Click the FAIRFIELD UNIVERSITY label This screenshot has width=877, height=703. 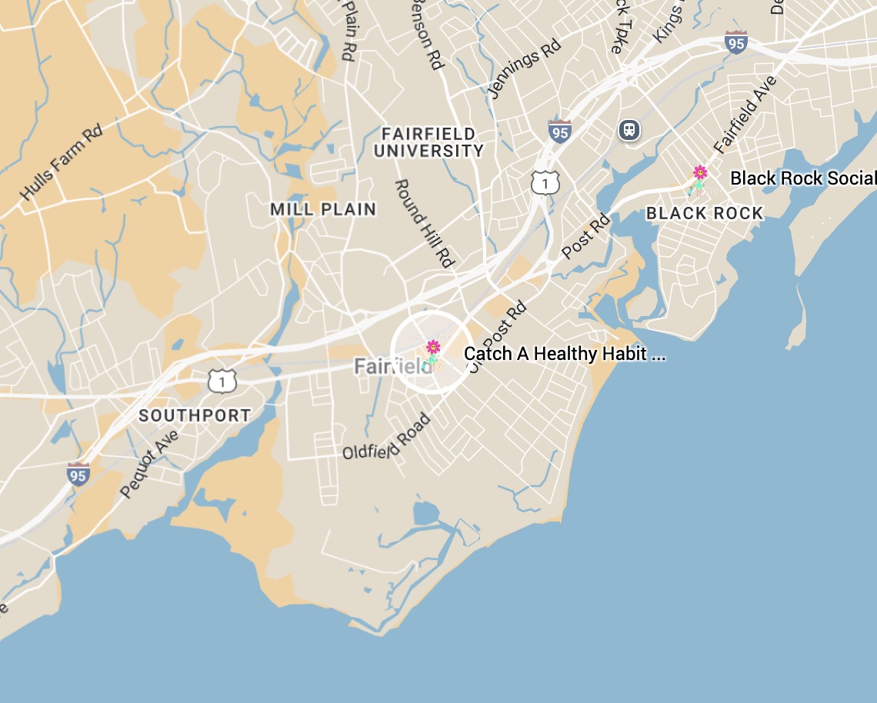tap(428, 143)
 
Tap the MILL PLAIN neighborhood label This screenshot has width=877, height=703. tap(323, 209)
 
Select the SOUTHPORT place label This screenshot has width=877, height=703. tap(195, 415)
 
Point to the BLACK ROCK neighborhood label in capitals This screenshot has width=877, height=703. tap(705, 214)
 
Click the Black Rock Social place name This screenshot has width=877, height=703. tap(802, 178)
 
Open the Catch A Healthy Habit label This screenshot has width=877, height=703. tap(565, 354)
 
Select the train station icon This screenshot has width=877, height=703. tap(629, 129)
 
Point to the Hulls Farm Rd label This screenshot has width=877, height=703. tap(62, 163)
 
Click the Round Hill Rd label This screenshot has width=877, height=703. tap(423, 224)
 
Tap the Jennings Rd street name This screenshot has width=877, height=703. tap(525, 69)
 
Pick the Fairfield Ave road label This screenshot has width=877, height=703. tap(745, 115)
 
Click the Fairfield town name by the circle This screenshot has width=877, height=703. tap(388, 367)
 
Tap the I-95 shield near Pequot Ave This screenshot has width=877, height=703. tap(78, 473)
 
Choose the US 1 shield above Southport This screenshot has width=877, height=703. tap(222, 379)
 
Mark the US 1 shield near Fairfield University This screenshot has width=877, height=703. tap(545, 182)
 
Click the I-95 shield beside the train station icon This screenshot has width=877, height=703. tap(560, 131)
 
